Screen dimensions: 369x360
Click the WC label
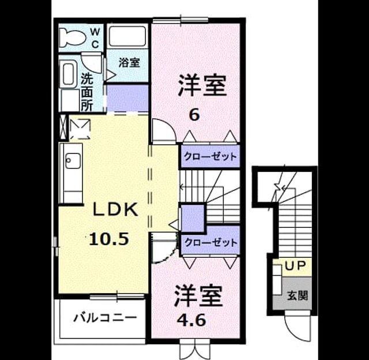(95, 37)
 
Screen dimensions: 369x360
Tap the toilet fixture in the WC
(71, 37)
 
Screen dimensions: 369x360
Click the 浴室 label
(129, 62)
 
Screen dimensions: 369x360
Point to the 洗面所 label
(87, 92)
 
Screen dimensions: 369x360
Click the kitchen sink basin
(73, 161)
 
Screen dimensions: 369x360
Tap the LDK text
(115, 209)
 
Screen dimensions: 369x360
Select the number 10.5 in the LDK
(109, 238)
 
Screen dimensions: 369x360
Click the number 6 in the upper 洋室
(194, 115)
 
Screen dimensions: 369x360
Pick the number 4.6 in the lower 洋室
(191, 320)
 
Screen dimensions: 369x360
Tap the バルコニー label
(105, 318)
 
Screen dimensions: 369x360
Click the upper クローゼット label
(210, 156)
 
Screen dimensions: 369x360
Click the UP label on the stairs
(295, 266)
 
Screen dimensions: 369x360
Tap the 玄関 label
(298, 295)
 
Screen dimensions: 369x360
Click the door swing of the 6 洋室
(164, 132)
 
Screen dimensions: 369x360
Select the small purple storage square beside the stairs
(193, 219)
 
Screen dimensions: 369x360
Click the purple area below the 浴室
(127, 98)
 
